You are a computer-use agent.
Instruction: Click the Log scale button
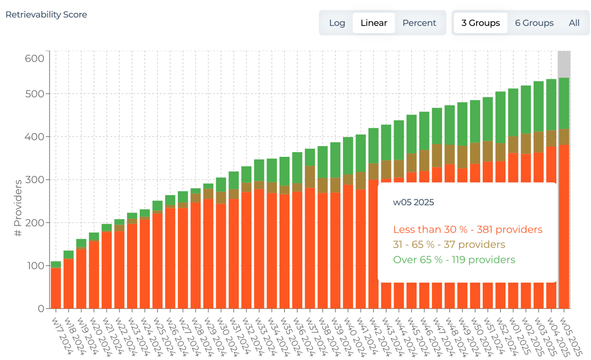[x=337, y=23]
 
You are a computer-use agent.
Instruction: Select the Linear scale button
[x=373, y=23]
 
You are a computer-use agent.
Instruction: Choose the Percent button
[x=419, y=23]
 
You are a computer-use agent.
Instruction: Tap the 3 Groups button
[x=480, y=23]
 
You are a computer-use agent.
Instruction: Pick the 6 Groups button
[x=534, y=23]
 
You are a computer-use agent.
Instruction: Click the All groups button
[x=574, y=23]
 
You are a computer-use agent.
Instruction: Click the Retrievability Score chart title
[x=46, y=15]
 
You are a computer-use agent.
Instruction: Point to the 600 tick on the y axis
[x=34, y=58]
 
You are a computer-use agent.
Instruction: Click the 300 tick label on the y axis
[x=34, y=180]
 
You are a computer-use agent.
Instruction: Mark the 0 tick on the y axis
[x=41, y=309]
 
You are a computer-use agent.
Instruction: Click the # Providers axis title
[x=18, y=208]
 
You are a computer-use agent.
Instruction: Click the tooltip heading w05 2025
[x=413, y=202]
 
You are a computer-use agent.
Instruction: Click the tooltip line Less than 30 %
[x=467, y=230]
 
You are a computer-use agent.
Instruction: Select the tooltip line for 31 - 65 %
[x=449, y=244]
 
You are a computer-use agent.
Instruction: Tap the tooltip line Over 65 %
[x=454, y=260]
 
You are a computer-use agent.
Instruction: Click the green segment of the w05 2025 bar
[x=564, y=103]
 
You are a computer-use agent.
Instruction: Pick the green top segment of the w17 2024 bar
[x=56, y=264]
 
